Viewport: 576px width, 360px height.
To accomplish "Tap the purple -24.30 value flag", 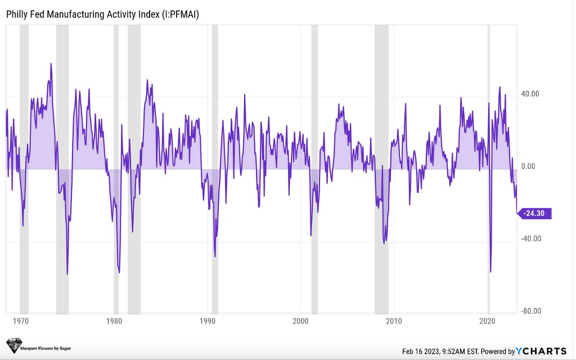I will click(x=535, y=213).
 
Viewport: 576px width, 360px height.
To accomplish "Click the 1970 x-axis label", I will click(x=21, y=321).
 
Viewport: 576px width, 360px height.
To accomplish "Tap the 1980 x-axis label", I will click(x=114, y=321).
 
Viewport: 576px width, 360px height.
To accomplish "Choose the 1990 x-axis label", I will click(x=208, y=321).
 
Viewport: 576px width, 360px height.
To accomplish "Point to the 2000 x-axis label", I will click(x=301, y=321).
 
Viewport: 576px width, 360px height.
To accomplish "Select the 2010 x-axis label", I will click(x=394, y=321).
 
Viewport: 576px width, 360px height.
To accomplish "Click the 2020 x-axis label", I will click(x=488, y=321).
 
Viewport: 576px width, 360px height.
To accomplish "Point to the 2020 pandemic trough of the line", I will click(x=490, y=272).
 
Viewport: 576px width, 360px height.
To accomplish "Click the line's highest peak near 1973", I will click(x=51, y=64).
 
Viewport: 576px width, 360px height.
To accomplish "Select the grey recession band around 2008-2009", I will click(x=381, y=169).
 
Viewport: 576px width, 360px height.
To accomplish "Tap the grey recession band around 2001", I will click(x=314, y=169).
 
